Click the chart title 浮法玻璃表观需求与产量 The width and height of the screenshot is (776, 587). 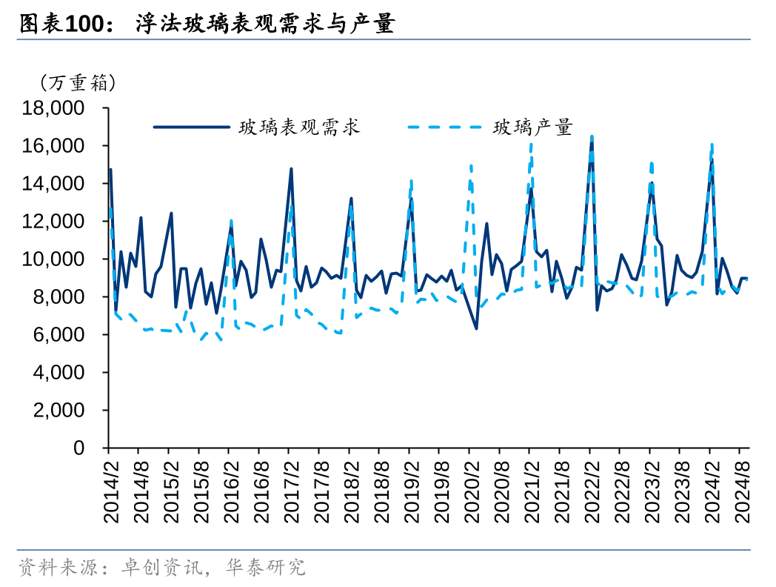point(264,25)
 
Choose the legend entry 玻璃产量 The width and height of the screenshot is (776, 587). point(532,127)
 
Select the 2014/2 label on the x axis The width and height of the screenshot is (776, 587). point(110,488)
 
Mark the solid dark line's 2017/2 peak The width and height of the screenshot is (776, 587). point(291,168)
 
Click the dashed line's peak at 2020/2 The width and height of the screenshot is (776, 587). point(471,165)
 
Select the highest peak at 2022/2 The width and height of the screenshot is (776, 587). point(592,136)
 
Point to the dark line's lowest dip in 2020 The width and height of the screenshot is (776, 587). point(476,328)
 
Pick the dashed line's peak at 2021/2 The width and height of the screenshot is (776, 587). point(531,142)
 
